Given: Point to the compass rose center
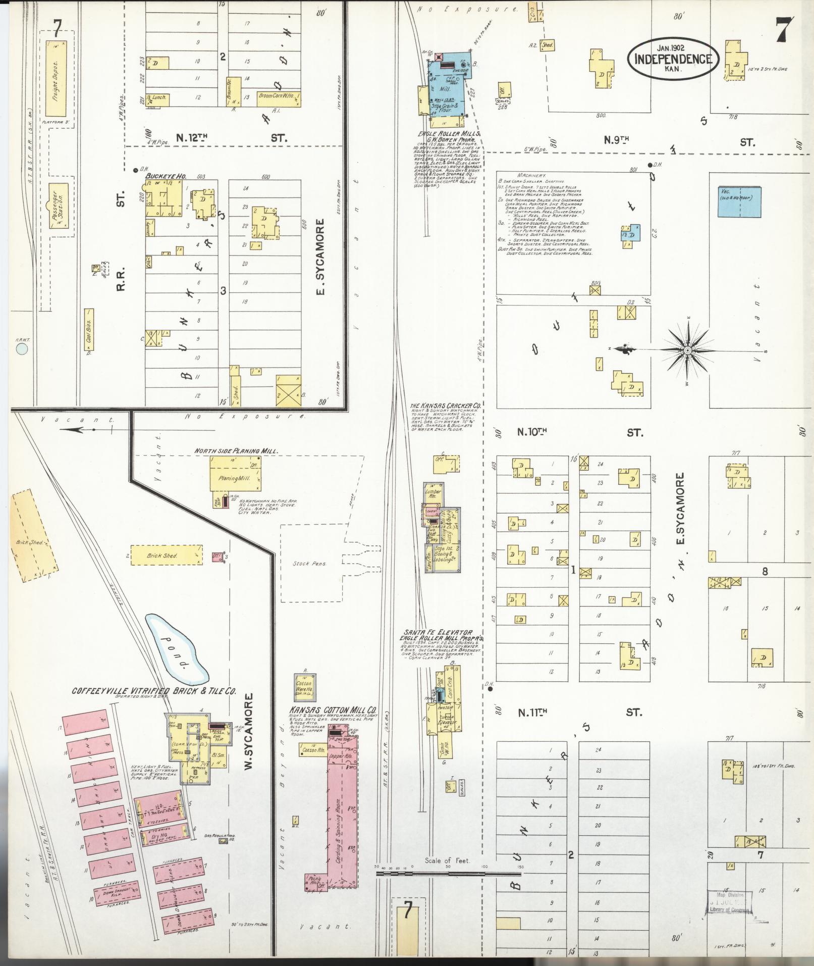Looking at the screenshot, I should pos(687,349).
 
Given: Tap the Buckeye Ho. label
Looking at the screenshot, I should pos(166,176).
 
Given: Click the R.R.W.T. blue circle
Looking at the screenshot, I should pos(22,348).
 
